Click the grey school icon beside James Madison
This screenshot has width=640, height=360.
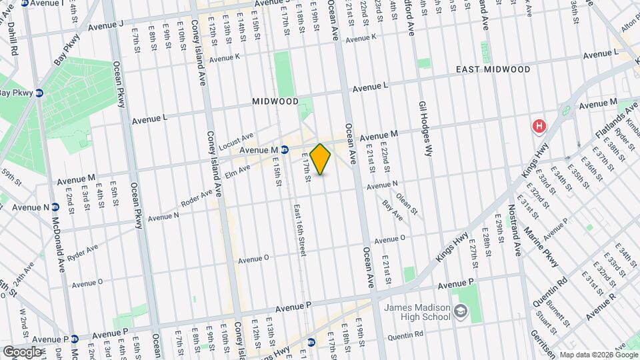click(x=460, y=311)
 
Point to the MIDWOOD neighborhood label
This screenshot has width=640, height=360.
click(x=275, y=101)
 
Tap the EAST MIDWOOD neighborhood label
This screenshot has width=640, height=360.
click(x=493, y=69)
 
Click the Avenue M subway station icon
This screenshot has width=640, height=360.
click(x=284, y=150)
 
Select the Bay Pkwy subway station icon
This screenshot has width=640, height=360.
click(x=39, y=93)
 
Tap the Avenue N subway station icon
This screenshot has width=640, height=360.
click(x=57, y=207)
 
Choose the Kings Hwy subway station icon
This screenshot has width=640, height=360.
click(x=311, y=343)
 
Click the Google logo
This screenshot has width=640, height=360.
click(x=22, y=351)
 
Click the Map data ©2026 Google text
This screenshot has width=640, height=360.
click(x=598, y=355)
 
